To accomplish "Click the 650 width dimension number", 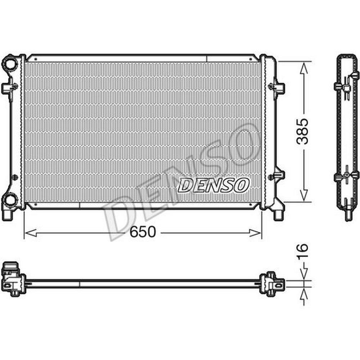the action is (143, 232).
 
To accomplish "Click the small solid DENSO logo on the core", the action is (213, 185).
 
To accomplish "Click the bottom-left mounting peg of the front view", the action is (6, 215).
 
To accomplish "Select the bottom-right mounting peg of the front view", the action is (278, 215).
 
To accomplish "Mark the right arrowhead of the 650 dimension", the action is (255, 233).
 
